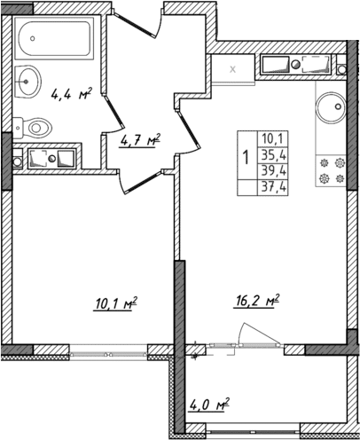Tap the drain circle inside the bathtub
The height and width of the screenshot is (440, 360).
27,39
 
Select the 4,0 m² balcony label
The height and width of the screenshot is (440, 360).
209,408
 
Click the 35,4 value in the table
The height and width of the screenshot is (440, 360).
273,154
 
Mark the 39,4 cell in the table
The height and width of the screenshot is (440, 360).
273,170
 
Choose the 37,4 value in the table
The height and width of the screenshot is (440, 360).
273,187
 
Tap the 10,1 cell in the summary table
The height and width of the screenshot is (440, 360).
273,137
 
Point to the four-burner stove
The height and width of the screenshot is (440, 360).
331,170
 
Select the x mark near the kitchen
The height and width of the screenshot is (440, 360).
233,67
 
